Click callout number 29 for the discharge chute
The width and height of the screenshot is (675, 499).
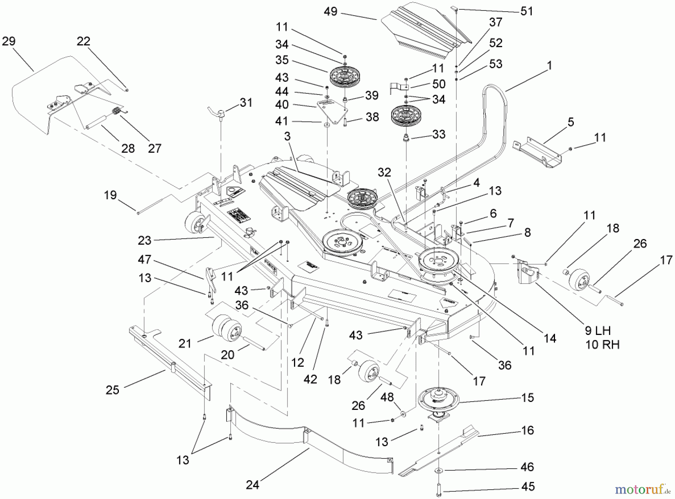point(9,41)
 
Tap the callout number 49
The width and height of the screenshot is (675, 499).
point(330,12)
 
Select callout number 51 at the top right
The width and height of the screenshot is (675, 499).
point(526,11)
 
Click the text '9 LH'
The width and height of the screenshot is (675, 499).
point(598,331)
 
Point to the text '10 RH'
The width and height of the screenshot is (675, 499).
point(602,344)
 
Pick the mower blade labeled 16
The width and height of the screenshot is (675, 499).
point(439,453)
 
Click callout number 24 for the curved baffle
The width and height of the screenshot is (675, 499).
point(252,485)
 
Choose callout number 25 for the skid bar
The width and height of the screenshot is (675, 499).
point(112,390)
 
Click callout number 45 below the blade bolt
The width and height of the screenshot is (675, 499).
point(528,486)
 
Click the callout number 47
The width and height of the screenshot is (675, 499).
point(144,259)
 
